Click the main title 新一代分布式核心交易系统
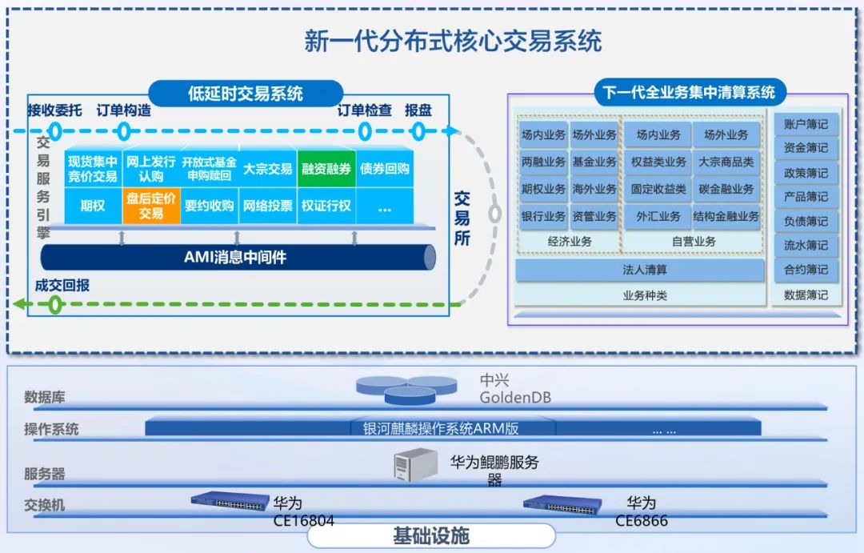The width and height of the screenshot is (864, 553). pos(453,41)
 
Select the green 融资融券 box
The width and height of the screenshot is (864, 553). pos(326,169)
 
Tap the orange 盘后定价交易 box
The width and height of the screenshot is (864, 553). pos(150,206)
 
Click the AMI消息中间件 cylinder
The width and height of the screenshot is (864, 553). pos(236,257)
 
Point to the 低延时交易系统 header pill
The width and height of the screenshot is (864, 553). pos(246,94)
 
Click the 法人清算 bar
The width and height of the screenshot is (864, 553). pos(640,270)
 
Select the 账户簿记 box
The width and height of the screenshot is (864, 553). pos(806,124)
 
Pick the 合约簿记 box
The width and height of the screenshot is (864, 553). pos(806,270)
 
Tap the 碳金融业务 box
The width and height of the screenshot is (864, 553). pos(726,189)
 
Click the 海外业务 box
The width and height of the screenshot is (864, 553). pos(594,189)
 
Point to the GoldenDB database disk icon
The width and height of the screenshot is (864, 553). pos(408,389)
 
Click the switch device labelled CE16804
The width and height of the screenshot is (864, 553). pos(230,502)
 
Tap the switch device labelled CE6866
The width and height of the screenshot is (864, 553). pos(562,504)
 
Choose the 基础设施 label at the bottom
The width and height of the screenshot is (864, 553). pos(430,535)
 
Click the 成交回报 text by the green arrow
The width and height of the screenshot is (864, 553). pos(62,285)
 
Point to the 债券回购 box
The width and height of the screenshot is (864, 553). pos(384,169)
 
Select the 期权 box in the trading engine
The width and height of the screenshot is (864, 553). pos(93,206)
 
